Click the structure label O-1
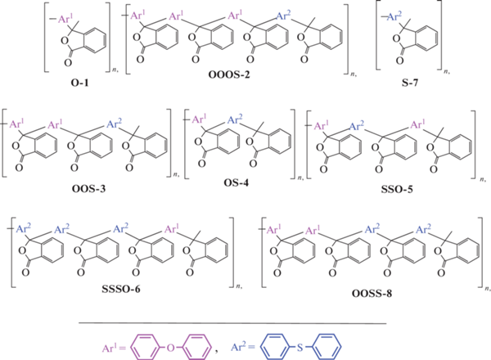pos(80,83)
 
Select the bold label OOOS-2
pos(229,74)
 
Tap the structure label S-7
pos(410,83)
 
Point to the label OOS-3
pos(89,189)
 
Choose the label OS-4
pos(236,182)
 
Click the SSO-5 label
pos(397,189)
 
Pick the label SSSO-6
pos(121,289)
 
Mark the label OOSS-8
pos(372,294)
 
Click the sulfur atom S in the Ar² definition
pos(300,347)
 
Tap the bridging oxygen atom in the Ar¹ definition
pos(171,348)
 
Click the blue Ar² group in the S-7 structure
pos(394,16)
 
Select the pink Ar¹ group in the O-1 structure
pos(66,19)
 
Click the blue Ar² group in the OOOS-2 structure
pos(284,16)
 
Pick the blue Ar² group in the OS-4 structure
pos(235,119)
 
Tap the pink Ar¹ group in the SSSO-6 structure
pos(172,229)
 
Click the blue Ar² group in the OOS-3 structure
pos(115,124)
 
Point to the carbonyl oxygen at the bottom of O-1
pos(68,63)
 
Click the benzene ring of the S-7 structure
pos(426,38)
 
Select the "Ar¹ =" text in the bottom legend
pos(114,348)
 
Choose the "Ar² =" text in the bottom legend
pos(243,346)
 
